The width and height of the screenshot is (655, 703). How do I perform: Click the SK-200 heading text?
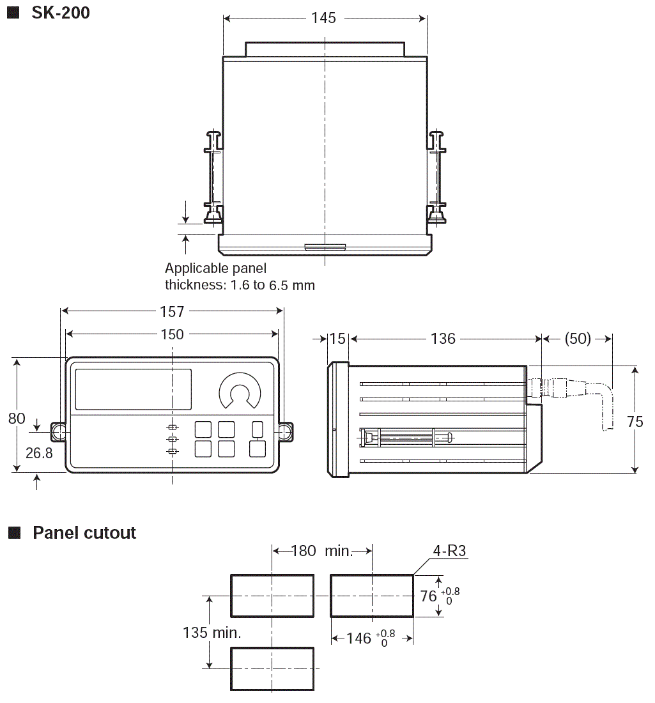pyautogui.click(x=61, y=12)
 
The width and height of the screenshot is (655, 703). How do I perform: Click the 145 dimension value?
pyautogui.click(x=324, y=18)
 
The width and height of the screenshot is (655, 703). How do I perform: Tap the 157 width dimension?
pyautogui.click(x=172, y=311)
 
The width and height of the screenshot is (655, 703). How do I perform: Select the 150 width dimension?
pyautogui.click(x=172, y=334)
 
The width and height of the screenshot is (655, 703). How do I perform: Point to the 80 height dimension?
pyautogui.click(x=17, y=419)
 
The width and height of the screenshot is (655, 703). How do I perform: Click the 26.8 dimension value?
pyautogui.click(x=38, y=452)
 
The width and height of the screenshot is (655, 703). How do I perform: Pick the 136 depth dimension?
pyautogui.click(x=443, y=338)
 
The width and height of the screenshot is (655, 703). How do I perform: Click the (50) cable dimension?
pyautogui.click(x=578, y=338)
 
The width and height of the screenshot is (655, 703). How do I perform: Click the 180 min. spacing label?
pyautogui.click(x=322, y=551)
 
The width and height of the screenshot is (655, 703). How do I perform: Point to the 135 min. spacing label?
pyautogui.click(x=212, y=633)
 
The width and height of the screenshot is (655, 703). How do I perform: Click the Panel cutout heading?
pyautogui.click(x=84, y=533)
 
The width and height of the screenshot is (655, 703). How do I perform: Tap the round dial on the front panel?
pyautogui.click(x=240, y=390)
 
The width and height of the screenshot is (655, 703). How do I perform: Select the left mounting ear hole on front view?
pyautogui.click(x=58, y=432)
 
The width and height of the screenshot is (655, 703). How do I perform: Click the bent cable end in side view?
pyautogui.click(x=605, y=409)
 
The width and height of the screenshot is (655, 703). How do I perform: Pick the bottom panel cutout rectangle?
pyautogui.click(x=272, y=668)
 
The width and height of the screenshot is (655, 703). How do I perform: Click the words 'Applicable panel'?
pyautogui.click(x=215, y=268)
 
